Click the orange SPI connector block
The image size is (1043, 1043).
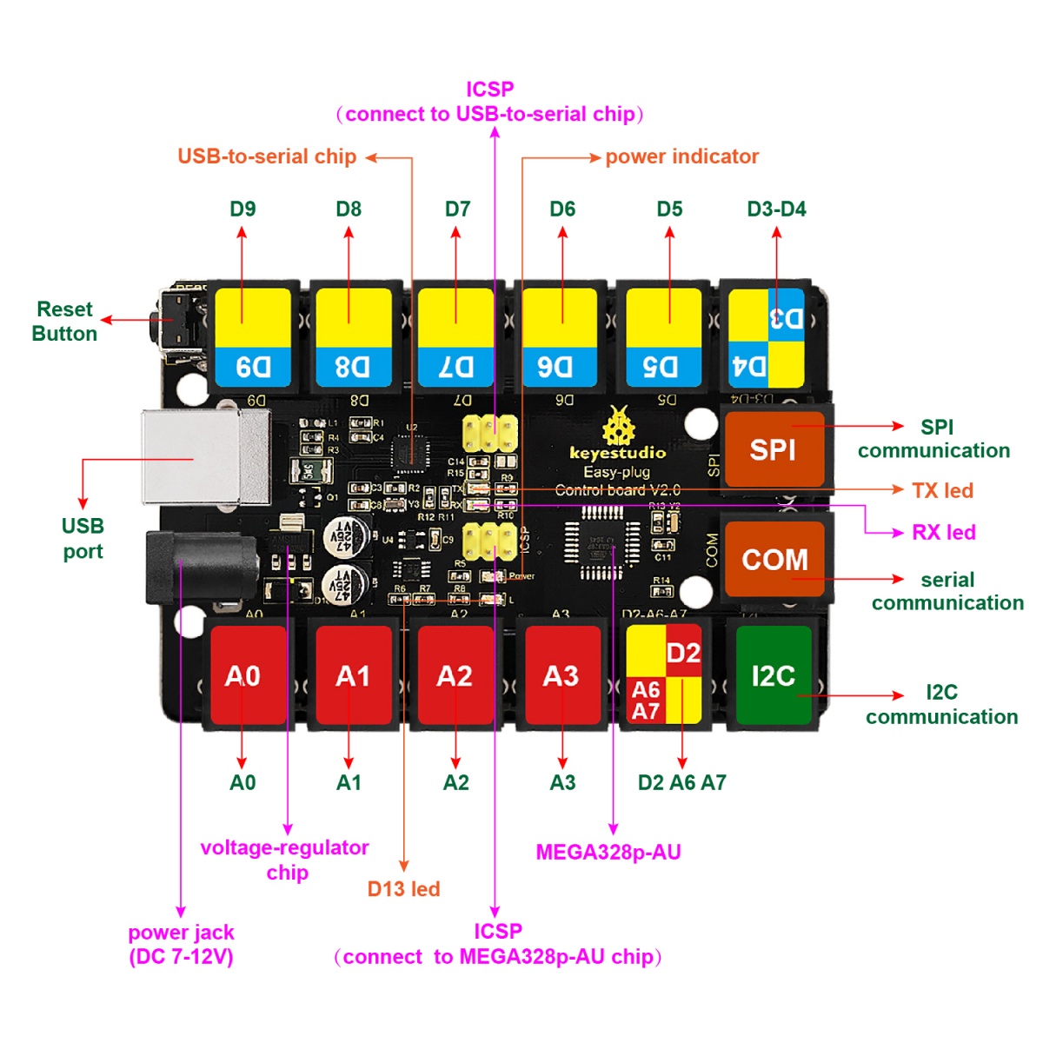(x=774, y=449)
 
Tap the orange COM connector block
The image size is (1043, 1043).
(x=774, y=559)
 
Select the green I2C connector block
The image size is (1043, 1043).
(x=774, y=675)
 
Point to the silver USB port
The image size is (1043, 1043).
(x=205, y=457)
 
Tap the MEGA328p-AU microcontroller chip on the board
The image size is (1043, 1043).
(x=601, y=543)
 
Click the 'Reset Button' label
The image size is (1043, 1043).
(x=64, y=322)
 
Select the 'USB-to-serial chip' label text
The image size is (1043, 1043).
(x=267, y=156)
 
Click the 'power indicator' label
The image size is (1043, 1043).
(x=681, y=156)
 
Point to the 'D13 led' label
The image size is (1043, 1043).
(x=403, y=888)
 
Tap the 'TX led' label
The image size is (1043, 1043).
(x=942, y=490)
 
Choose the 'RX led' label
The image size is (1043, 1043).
(x=943, y=532)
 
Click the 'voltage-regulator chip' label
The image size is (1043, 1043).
(x=285, y=860)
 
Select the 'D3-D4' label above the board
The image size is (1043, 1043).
(x=776, y=209)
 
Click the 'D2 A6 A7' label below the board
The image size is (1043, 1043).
(x=681, y=782)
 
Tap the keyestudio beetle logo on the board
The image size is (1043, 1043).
(x=618, y=428)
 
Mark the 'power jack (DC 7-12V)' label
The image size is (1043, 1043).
(x=181, y=944)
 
